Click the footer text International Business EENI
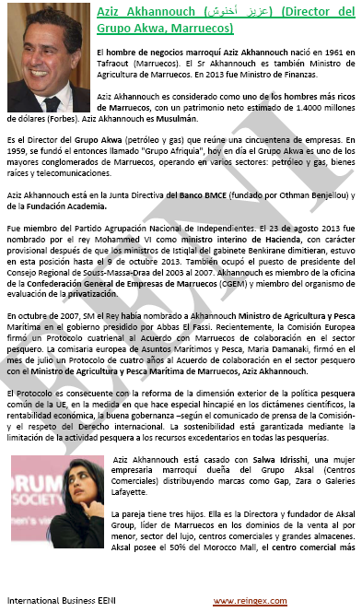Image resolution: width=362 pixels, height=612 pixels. point(59,601)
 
